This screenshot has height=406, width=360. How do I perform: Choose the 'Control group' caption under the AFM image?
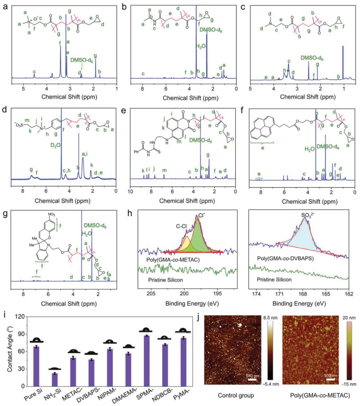236,395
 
